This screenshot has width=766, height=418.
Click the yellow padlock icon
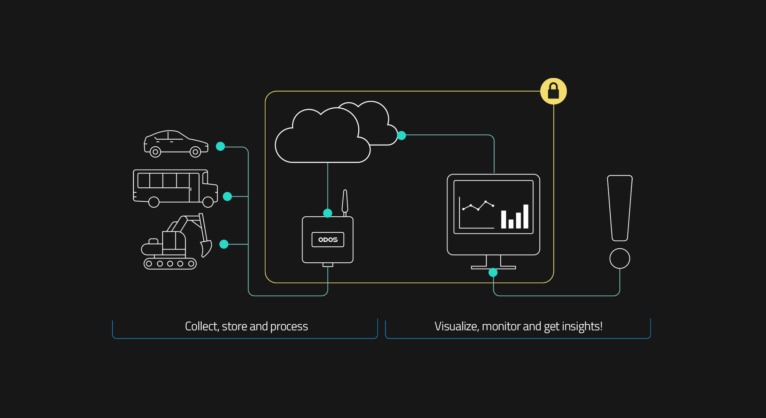coord(553,91)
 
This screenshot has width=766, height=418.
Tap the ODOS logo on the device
coord(328,240)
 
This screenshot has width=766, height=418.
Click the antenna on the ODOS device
coord(345,201)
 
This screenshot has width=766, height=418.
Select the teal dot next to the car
coord(220,146)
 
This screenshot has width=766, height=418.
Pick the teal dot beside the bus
coord(227,196)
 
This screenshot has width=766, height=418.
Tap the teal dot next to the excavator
coord(224,244)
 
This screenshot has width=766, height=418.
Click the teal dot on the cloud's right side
coord(401,136)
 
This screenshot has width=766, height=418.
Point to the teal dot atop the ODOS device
coord(328,213)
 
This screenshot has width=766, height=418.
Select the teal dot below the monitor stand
coord(493,272)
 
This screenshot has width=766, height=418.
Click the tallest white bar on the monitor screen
coord(526,216)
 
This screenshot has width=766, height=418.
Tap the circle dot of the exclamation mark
coord(620,258)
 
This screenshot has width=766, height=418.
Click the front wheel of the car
coord(195,152)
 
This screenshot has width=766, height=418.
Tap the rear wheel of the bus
coord(154,202)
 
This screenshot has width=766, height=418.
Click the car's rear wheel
coord(155,152)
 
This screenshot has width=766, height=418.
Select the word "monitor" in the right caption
coord(501,326)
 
